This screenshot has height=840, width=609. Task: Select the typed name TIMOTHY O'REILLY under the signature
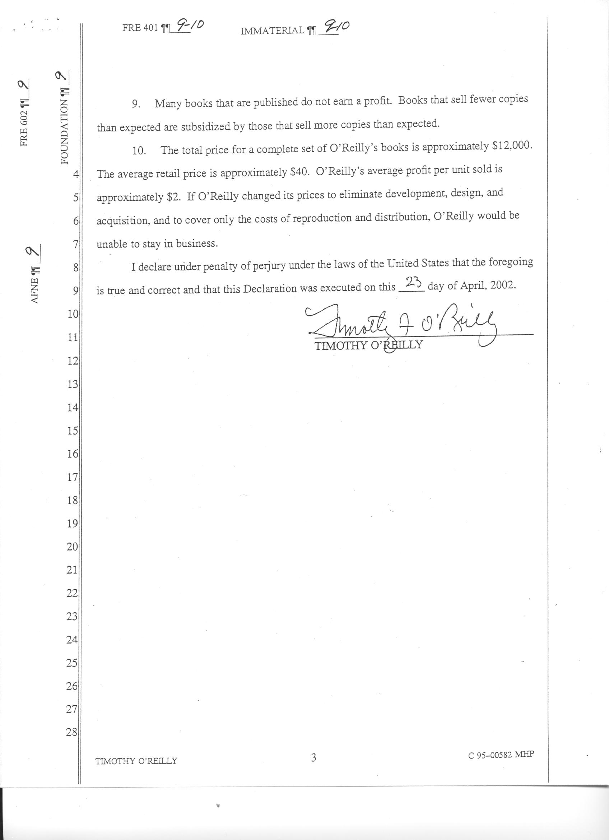pos(368,345)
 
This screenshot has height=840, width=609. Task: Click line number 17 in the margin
pos(72,477)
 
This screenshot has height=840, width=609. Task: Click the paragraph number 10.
pos(139,151)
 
